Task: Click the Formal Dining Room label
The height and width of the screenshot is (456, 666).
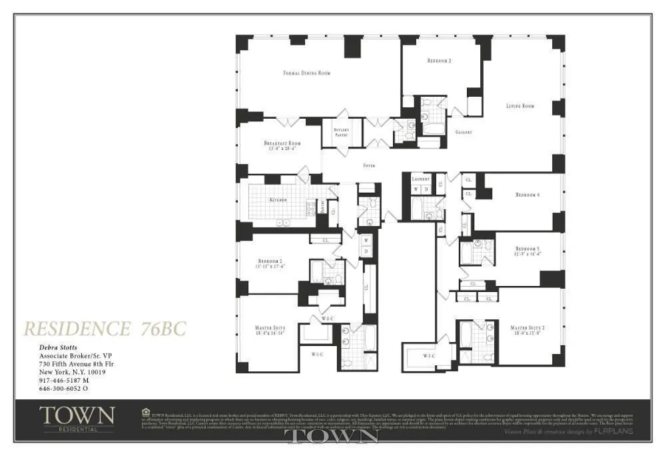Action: tap(306, 73)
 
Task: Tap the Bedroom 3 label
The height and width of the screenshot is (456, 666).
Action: tap(439, 61)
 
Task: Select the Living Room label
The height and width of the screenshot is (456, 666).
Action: tap(520, 106)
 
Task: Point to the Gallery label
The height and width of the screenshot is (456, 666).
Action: tap(464, 133)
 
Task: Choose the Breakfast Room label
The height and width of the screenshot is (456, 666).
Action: tap(282, 143)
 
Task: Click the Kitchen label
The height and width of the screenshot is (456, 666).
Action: tap(278, 200)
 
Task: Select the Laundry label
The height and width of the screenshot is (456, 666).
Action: tap(421, 179)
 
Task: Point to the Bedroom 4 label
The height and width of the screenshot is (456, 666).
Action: tap(527, 195)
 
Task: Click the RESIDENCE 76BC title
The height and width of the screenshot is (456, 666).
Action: tap(105, 329)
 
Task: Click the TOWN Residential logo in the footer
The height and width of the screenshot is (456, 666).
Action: tap(77, 418)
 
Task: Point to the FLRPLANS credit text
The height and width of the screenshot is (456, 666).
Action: tap(614, 431)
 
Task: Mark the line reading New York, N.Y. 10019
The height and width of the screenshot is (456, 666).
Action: tap(73, 372)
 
